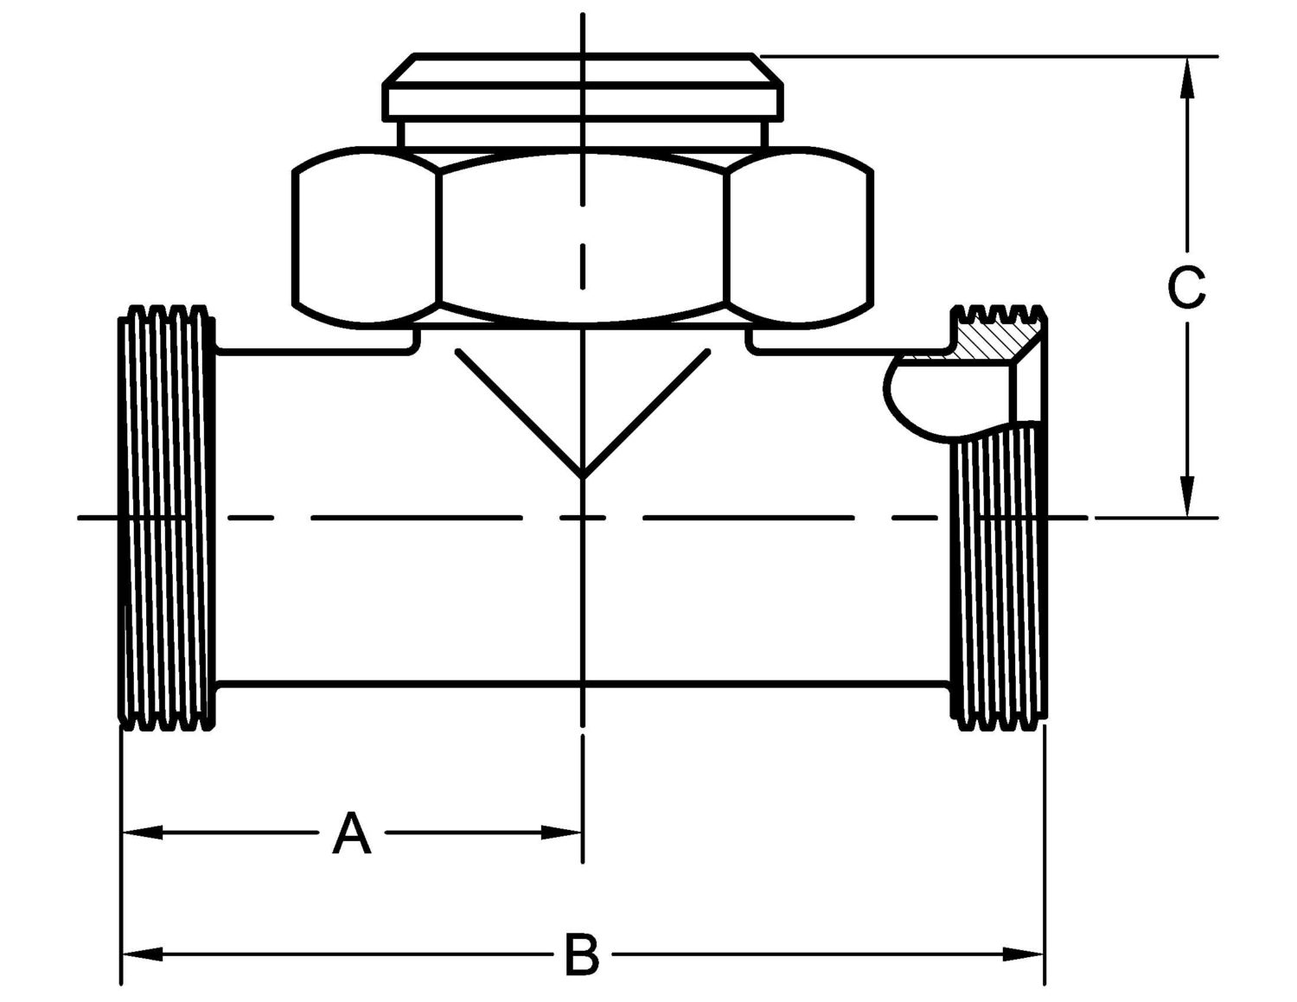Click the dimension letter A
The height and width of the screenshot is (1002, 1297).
click(352, 833)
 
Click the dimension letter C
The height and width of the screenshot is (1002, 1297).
click(1186, 288)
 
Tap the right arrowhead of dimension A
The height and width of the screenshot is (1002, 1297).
click(562, 833)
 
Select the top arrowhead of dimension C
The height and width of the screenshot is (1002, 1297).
click(1187, 78)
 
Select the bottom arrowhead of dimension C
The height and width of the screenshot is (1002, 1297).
click(1187, 496)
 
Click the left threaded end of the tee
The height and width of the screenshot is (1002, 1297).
click(167, 517)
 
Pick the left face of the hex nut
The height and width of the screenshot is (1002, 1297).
click(367, 238)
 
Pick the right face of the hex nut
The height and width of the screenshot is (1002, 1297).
click(800, 238)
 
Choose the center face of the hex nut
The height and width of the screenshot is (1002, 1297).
click(583, 238)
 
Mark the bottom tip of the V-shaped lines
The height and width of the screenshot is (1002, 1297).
click(583, 477)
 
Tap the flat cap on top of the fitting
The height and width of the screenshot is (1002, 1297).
click(583, 86)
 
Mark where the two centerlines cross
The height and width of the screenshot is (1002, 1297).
click(583, 517)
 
